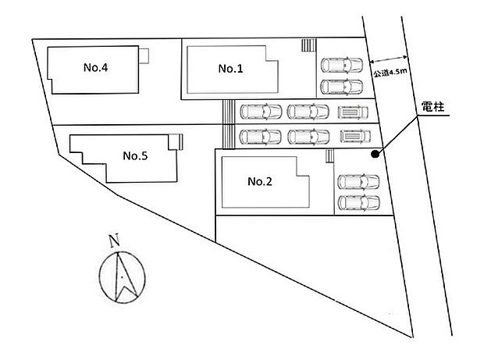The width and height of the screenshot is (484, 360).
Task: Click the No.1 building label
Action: [231, 69]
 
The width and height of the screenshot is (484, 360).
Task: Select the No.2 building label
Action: [259, 182]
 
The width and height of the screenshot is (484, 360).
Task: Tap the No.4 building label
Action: [95, 67]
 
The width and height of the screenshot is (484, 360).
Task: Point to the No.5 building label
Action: [136, 155]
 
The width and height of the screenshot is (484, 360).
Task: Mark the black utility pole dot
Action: [375, 154]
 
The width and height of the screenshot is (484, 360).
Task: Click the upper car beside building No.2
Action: [358, 182]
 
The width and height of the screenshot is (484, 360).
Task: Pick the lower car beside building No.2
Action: [358, 203]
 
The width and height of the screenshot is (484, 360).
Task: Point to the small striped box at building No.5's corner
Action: [180, 141]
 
